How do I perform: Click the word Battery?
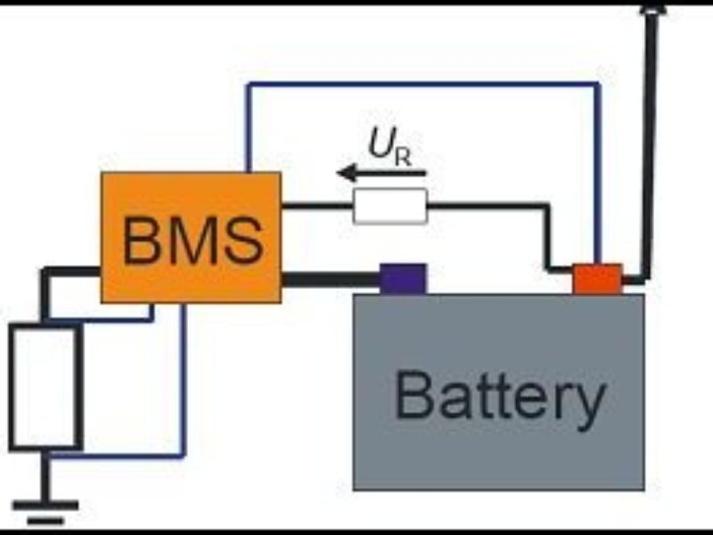click(x=499, y=397)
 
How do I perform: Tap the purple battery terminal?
click(x=403, y=278)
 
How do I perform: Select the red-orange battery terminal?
click(x=597, y=278)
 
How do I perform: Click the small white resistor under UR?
click(x=390, y=207)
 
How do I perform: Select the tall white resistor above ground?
click(x=45, y=387)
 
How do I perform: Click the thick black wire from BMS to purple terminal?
click(x=330, y=280)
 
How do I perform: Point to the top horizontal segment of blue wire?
click(x=419, y=84)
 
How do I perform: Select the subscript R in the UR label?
click(x=404, y=158)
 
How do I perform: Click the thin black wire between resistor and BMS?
click(x=316, y=207)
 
